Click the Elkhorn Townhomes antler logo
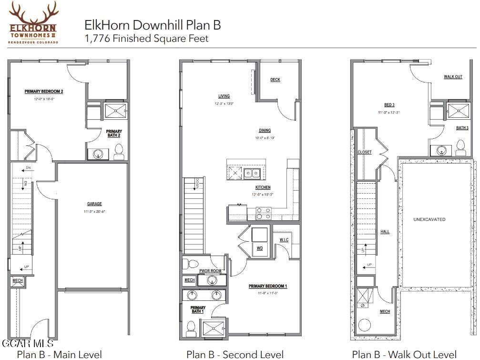tap(33, 22)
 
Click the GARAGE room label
tap(94, 204)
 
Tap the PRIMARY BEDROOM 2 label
tap(44, 91)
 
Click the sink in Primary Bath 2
tap(98, 154)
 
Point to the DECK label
tap(275, 80)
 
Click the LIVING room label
tap(224, 96)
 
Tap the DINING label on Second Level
tap(265, 131)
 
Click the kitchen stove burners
tap(264, 213)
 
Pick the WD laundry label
tap(259, 248)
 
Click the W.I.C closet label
tap(284, 240)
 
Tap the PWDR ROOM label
tap(210, 271)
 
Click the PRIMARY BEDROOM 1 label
tap(267, 286)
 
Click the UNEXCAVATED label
tap(429, 219)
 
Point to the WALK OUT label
tap(453, 77)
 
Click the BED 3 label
tap(389, 105)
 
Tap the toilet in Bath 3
tap(460, 147)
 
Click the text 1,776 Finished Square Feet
tap(146, 39)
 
